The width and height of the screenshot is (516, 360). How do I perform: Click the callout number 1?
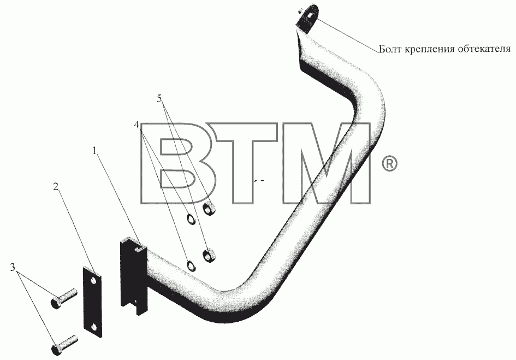[x=95, y=151]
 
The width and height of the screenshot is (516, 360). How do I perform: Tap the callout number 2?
[x=56, y=187]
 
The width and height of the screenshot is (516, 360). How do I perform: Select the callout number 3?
[x=13, y=268]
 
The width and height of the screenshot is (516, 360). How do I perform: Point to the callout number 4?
[x=137, y=125]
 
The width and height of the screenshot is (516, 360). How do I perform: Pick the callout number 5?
[x=159, y=98]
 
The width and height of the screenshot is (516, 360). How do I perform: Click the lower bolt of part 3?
[x=64, y=345]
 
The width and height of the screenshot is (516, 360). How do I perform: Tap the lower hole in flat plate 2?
[x=95, y=327]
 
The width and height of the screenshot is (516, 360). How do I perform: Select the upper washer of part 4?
[x=191, y=219]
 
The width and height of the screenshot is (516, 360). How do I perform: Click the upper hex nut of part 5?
[x=209, y=209]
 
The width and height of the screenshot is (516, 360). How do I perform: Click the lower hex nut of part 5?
[x=208, y=256]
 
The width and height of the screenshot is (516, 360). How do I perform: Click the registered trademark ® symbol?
[x=389, y=164]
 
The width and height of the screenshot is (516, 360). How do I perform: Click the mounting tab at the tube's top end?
[x=309, y=18]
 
